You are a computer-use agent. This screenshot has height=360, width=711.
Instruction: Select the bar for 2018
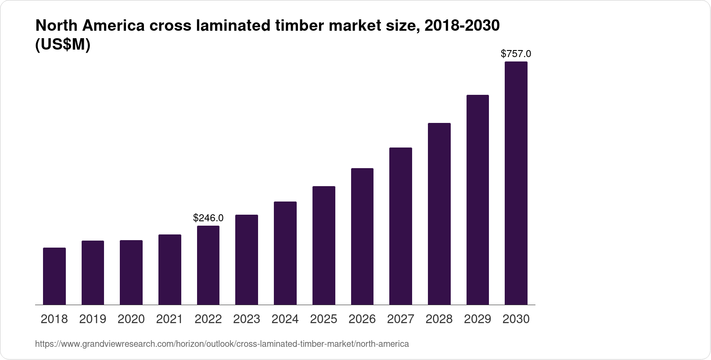pos(54,276)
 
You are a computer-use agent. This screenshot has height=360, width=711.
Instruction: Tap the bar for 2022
pos(208,265)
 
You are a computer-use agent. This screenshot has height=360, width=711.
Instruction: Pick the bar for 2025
pos(324,245)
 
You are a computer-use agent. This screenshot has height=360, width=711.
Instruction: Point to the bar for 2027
pos(401,226)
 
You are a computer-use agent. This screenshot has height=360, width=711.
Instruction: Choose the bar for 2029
pos(478,200)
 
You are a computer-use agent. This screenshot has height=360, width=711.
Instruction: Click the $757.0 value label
pos(516,54)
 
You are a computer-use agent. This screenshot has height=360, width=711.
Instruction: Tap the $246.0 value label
pos(208,218)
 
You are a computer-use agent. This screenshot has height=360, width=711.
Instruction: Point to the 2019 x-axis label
pos(93,319)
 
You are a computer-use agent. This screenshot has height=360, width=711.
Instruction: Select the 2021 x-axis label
pos(169,319)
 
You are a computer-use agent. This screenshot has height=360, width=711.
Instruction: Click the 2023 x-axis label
pos(247,319)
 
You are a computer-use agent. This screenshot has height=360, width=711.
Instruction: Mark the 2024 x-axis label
pos(285,319)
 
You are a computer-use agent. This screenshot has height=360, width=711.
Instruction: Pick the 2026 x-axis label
pos(362,319)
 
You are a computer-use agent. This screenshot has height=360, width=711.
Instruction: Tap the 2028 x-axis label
pos(439,319)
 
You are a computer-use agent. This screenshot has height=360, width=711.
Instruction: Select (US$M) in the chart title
pos(62,45)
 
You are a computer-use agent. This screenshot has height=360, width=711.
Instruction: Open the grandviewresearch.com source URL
pos(222,344)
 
